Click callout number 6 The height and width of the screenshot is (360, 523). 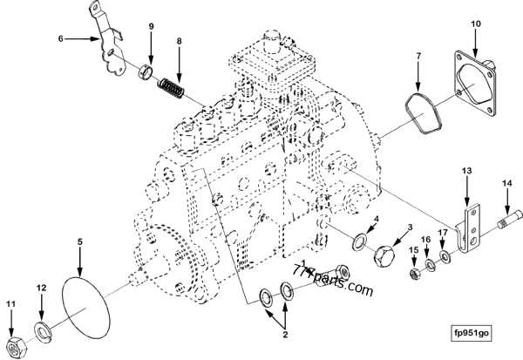(x=62, y=39)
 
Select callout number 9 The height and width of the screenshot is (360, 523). (x=150, y=26)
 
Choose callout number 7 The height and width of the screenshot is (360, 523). (x=418, y=57)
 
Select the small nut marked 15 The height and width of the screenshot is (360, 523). (x=417, y=270)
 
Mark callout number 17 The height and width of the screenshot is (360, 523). (x=443, y=233)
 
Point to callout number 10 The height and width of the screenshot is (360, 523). (x=476, y=23)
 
